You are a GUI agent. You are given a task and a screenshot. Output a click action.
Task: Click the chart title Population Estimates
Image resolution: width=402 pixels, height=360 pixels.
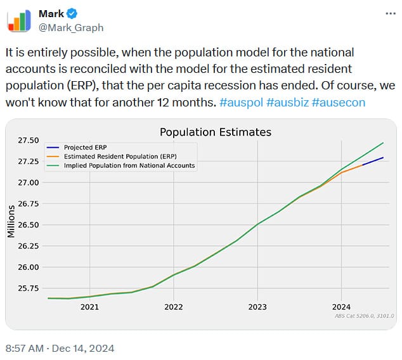215,132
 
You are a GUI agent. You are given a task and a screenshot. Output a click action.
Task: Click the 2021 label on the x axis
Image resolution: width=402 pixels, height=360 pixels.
89,307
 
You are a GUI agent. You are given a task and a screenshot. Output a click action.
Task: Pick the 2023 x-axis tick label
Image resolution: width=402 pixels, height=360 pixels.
257,307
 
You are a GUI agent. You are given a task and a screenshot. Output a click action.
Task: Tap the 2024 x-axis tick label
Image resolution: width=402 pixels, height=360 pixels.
341,307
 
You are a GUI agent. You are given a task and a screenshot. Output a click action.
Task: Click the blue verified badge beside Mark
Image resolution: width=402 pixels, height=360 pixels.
72,14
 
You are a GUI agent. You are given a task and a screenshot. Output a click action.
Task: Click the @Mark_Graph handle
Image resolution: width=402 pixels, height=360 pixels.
71,27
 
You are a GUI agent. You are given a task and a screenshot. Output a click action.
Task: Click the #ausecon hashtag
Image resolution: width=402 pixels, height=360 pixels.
339,102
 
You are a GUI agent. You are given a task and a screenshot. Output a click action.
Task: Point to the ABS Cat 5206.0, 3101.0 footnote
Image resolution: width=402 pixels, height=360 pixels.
364,316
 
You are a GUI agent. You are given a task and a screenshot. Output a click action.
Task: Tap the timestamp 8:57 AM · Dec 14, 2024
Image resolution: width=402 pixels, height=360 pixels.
60,348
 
